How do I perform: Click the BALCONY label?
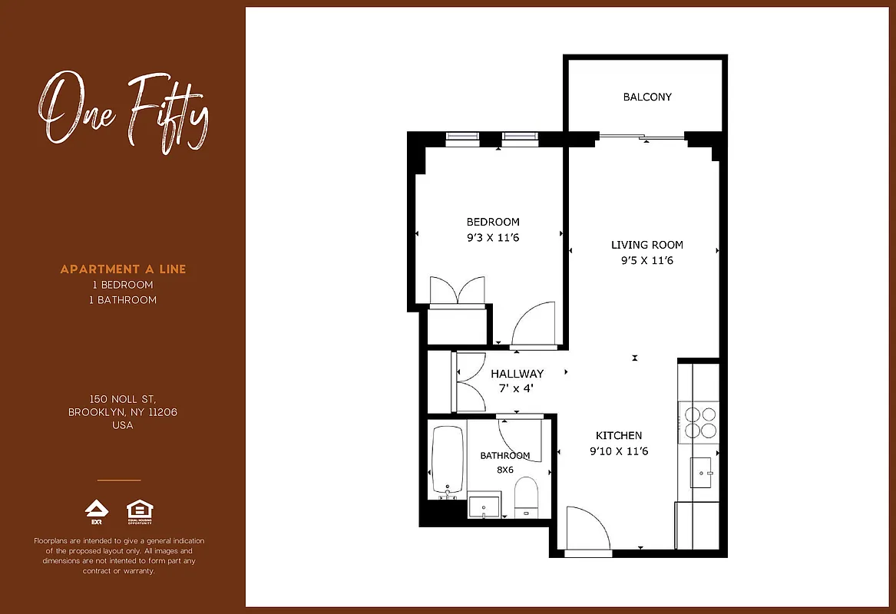[x=647, y=97]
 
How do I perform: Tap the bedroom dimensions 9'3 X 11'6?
[x=493, y=238]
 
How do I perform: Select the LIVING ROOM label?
[x=646, y=245]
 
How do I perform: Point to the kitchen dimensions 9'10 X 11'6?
[x=619, y=451]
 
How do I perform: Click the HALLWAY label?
[x=517, y=374]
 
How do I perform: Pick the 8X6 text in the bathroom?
[x=504, y=470]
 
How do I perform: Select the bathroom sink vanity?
[x=484, y=507]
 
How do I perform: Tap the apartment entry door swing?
[x=587, y=529]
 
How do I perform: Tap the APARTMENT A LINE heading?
[x=123, y=269]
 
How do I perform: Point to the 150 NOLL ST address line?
[x=123, y=399]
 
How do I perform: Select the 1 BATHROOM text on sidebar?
[x=123, y=300]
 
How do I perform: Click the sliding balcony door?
[x=641, y=137]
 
